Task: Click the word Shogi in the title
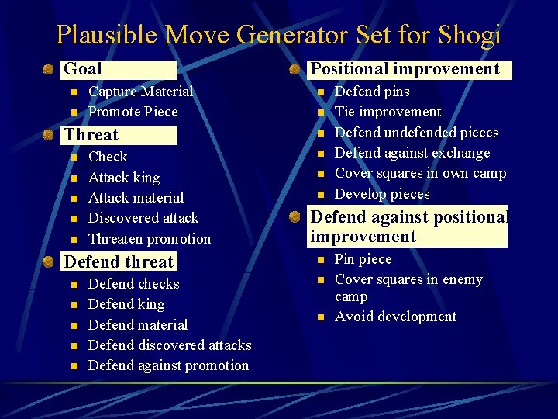[470, 35]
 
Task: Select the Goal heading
[83, 69]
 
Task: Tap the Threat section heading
[91, 135]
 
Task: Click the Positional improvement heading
[405, 69]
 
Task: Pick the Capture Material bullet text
[141, 92]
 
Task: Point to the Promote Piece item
[133, 112]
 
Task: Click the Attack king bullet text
[124, 178]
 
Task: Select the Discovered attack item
[143, 218]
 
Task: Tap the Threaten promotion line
[150, 239]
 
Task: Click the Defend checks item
[134, 284]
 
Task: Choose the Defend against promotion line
[169, 365]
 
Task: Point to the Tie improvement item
[387, 112]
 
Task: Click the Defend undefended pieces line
[416, 133]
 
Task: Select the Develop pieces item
[382, 194]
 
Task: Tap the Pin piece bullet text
[363, 259]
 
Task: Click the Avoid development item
[395, 317]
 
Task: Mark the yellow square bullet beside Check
[74, 158]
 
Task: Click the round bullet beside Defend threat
[48, 262]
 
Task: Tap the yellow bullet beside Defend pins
[319, 92]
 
